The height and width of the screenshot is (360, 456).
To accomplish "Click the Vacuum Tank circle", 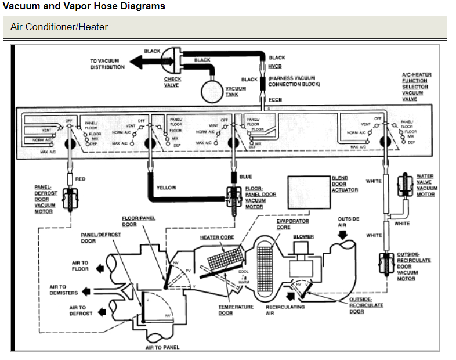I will click(212, 90).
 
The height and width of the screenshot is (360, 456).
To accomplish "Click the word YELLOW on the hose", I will click(167, 188).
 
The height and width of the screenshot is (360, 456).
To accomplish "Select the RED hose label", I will click(80, 179).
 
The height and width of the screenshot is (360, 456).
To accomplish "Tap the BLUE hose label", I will click(245, 177).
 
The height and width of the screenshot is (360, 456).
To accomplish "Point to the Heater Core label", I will click(216, 237).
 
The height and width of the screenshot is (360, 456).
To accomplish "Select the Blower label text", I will click(303, 237).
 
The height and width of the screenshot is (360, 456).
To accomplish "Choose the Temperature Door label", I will click(236, 310).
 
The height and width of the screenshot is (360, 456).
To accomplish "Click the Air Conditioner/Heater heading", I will click(59, 27).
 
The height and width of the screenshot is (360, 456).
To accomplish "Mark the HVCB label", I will click(274, 66).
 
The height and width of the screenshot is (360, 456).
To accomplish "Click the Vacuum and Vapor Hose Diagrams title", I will click(84, 6).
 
